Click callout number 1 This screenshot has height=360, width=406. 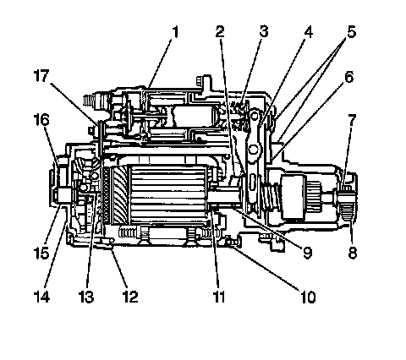[x=175, y=32]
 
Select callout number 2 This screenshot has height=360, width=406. [x=220, y=31]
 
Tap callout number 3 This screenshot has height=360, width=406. [x=264, y=31]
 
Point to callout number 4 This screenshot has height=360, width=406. [x=309, y=32]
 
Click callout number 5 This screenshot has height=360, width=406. [x=351, y=31]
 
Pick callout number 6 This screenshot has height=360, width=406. [x=349, y=77]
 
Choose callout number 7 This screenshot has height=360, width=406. [x=352, y=121]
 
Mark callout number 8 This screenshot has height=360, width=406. [x=353, y=252]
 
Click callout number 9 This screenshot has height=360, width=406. [x=307, y=252]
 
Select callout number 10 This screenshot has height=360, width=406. [x=308, y=297]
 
